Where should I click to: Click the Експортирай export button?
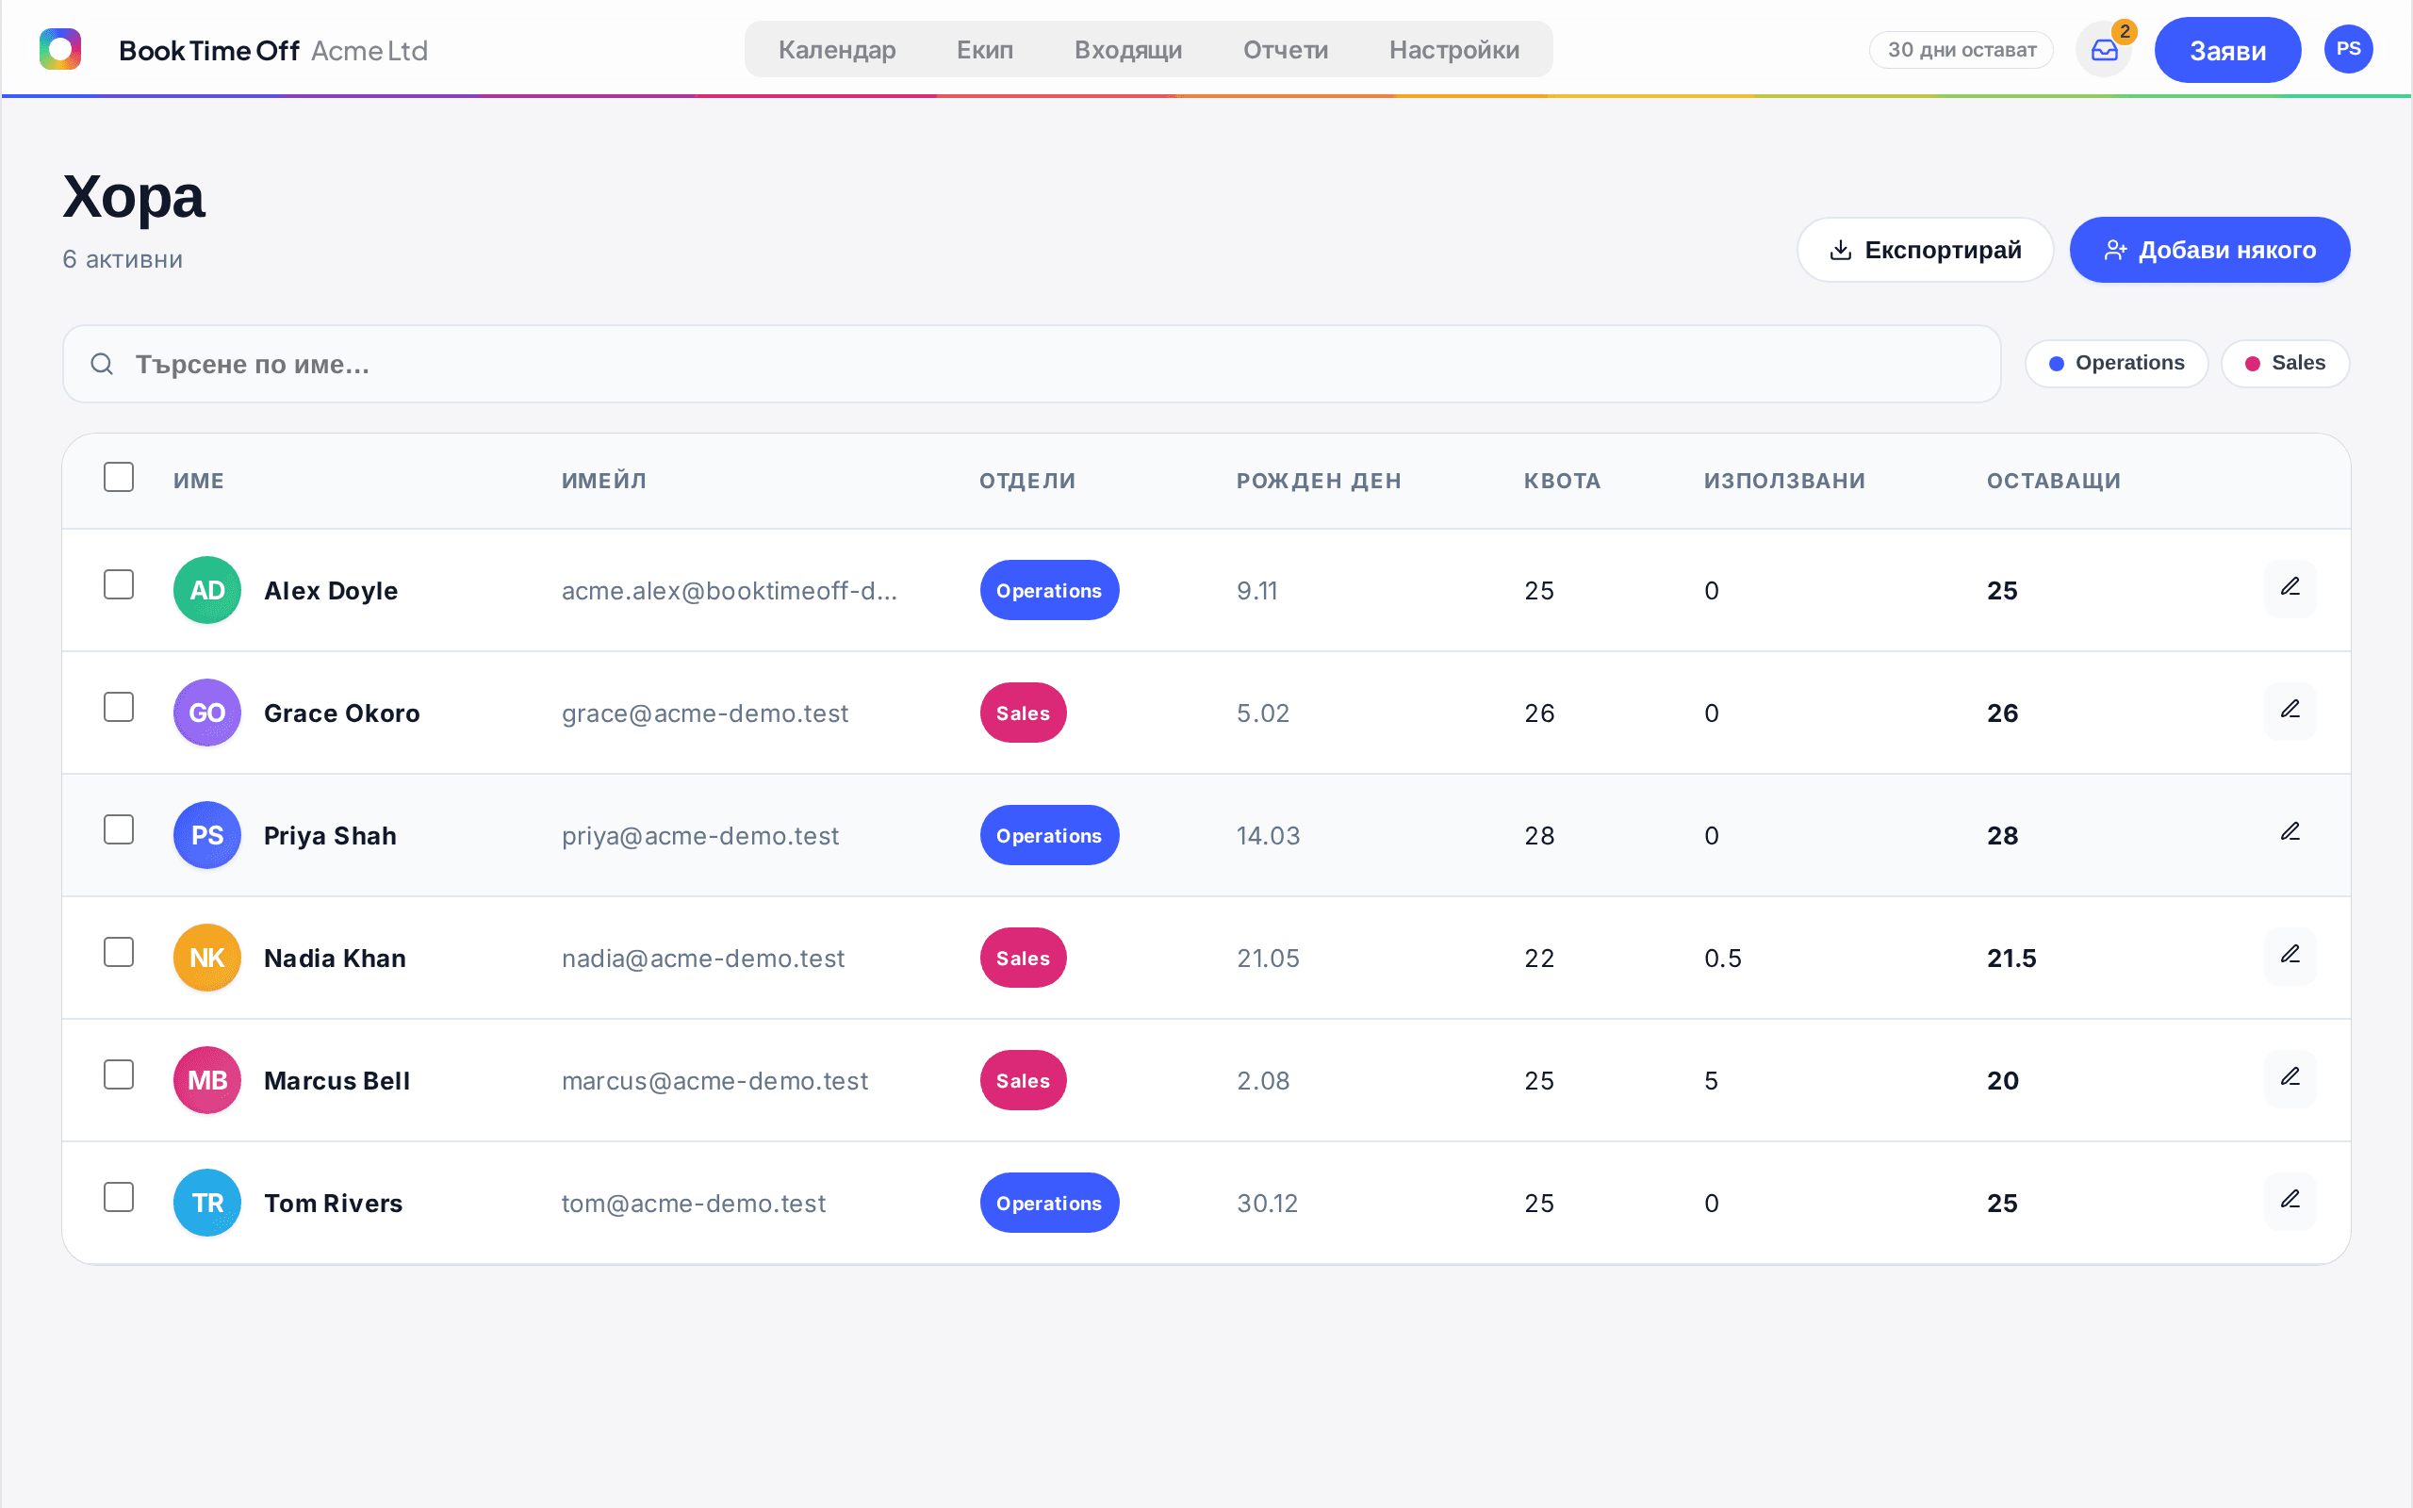click(x=1925, y=250)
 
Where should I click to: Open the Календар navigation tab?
click(x=837, y=50)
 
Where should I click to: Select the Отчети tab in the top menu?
click(x=1286, y=50)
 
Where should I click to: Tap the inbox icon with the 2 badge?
click(x=2104, y=50)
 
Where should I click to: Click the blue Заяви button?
click(x=2227, y=50)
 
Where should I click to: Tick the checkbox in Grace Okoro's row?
click(x=119, y=707)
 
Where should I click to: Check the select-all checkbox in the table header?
click(x=119, y=477)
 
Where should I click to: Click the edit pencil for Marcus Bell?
click(x=2290, y=1077)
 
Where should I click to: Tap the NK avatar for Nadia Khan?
click(x=207, y=958)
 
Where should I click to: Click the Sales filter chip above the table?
click(x=2286, y=363)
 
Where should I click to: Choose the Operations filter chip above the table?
click(x=2117, y=363)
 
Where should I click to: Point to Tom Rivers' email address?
click(x=693, y=1204)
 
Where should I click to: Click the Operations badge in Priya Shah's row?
click(x=1049, y=836)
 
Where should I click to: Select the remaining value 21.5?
click(x=2011, y=959)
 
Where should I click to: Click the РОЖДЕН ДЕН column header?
click(x=1318, y=481)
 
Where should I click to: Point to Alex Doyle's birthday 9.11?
click(x=1256, y=590)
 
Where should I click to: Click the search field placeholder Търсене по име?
click(x=253, y=364)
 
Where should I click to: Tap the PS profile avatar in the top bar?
click(x=2348, y=50)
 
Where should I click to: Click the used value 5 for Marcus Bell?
click(x=1711, y=1081)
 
